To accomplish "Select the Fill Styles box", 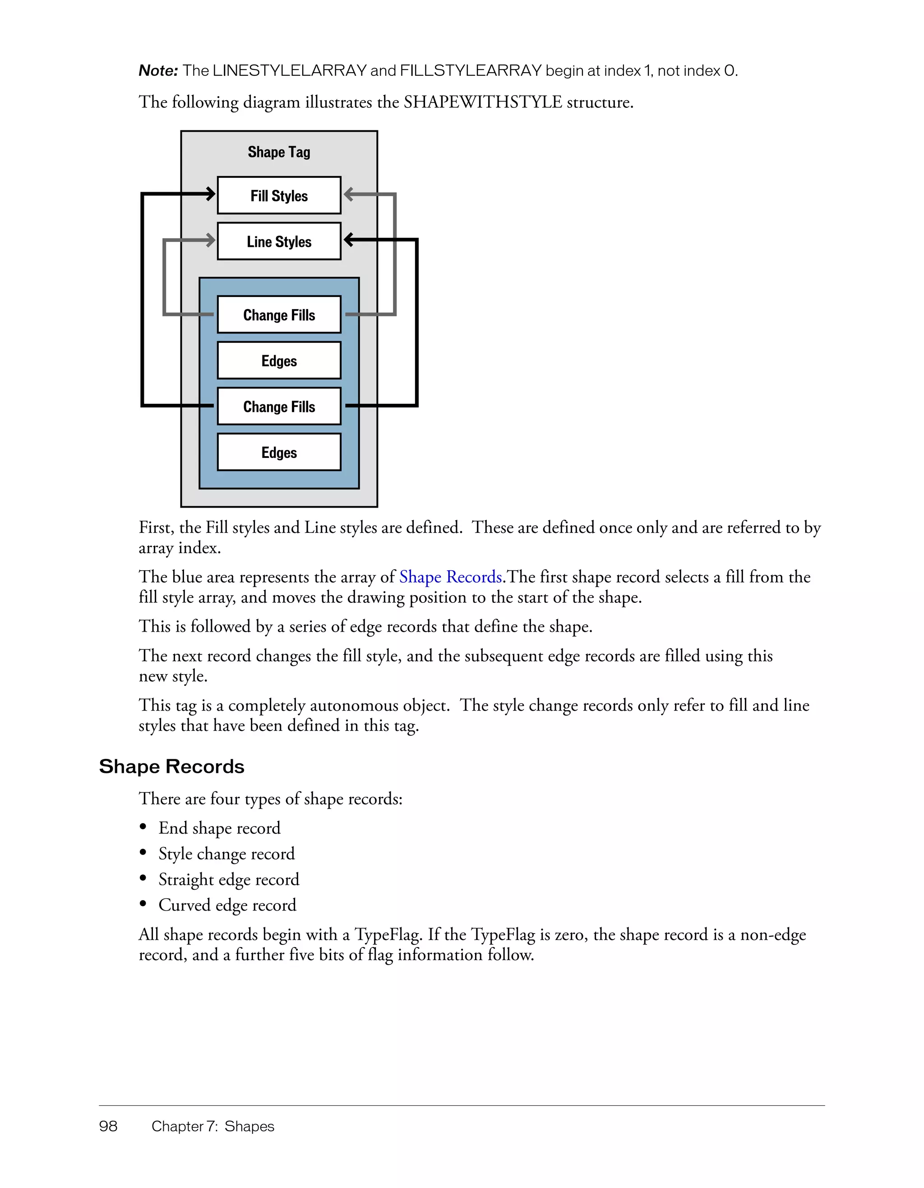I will [279, 195].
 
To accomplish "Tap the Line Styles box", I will [279, 241].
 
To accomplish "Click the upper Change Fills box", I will [279, 314].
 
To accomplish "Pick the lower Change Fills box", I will [279, 407].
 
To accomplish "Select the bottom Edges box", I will [279, 452].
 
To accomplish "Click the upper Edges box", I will [279, 360].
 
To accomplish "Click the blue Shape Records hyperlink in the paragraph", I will [450, 577].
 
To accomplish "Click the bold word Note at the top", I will [158, 71].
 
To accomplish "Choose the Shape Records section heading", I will [171, 767].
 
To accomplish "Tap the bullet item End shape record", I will [219, 828].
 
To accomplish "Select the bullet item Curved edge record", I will [227, 905].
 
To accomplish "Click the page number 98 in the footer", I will [108, 1126].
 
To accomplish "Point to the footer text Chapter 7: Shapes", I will [213, 1126].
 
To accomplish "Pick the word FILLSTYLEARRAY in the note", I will [471, 71].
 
